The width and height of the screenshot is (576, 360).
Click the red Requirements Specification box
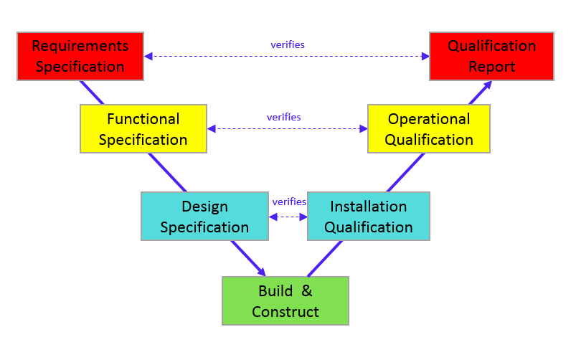click(x=80, y=56)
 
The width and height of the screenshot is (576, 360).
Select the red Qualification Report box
click(x=491, y=56)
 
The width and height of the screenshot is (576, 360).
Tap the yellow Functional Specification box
click(x=143, y=129)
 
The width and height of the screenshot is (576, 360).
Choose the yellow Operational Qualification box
click(x=428, y=129)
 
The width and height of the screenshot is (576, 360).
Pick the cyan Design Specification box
click(x=204, y=217)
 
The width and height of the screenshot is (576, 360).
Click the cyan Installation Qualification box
click(x=368, y=217)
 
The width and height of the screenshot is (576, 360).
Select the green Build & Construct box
click(x=285, y=301)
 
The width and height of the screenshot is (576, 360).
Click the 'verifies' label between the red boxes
click(x=287, y=44)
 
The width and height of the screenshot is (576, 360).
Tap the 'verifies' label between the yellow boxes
click(x=283, y=117)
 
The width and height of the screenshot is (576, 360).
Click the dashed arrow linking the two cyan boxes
click(x=288, y=217)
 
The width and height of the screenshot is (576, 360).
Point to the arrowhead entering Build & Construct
click(x=261, y=272)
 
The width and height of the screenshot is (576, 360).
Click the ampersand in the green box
click(x=306, y=291)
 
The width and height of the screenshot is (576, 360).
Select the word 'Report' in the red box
click(x=492, y=67)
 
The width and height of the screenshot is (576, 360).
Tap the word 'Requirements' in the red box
click(x=80, y=46)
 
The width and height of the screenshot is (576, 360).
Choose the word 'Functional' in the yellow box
click(x=143, y=119)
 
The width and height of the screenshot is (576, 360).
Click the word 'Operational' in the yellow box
click(x=428, y=119)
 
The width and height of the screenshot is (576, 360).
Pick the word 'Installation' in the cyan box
click(x=368, y=207)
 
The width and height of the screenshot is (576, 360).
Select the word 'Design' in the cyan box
click(x=204, y=207)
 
